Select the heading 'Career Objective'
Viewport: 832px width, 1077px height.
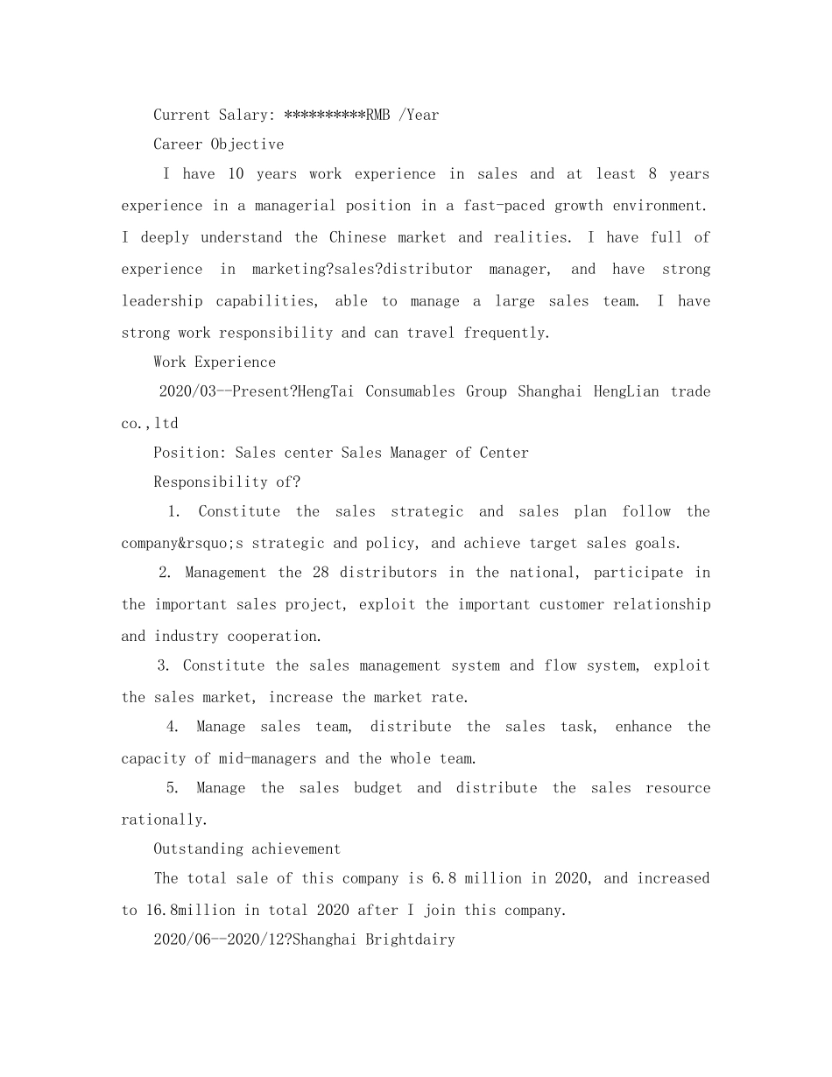click(218, 144)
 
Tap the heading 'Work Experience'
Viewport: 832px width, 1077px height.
click(215, 363)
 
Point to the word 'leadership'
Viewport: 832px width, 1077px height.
click(161, 301)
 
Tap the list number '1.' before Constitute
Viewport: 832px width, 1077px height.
click(174, 511)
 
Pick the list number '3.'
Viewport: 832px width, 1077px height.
click(164, 665)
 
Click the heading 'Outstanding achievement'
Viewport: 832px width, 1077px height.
click(247, 848)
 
